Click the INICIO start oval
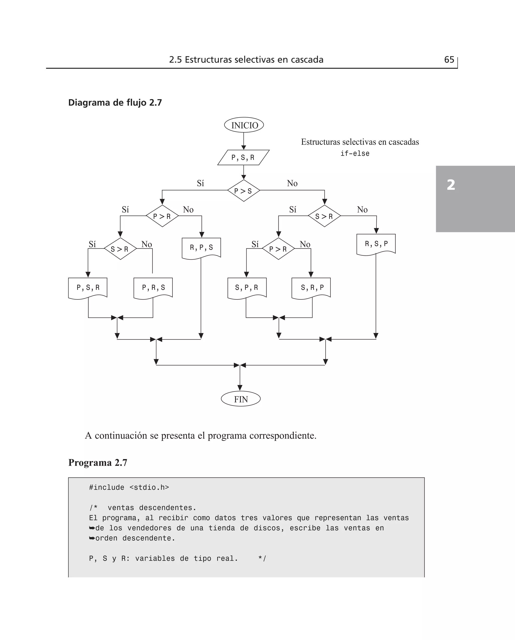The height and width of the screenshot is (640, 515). click(x=244, y=125)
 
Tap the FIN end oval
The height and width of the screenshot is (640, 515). click(x=241, y=399)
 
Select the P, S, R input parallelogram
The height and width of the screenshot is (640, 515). click(x=243, y=157)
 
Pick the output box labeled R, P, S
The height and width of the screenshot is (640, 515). click(x=201, y=248)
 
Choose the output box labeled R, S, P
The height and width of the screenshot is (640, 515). click(x=376, y=244)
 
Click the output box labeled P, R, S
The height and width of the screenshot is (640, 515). click(x=153, y=287)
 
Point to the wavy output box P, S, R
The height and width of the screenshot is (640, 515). click(x=88, y=287)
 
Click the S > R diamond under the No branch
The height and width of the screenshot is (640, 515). click(x=324, y=216)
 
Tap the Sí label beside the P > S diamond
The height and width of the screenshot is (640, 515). click(x=200, y=183)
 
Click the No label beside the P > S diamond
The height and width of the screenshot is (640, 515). click(x=292, y=183)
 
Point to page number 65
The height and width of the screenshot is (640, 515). click(x=449, y=60)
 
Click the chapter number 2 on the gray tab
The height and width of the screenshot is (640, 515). click(x=451, y=185)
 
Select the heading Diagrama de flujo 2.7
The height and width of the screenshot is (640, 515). click(x=115, y=103)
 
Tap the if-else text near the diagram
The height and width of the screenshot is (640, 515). click(x=355, y=154)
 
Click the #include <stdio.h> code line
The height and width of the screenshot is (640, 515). click(x=129, y=487)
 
